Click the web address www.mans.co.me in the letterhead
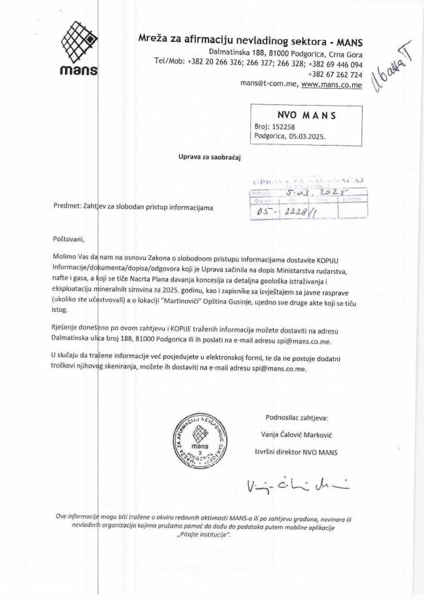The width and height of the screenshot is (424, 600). pyautogui.click(x=332, y=84)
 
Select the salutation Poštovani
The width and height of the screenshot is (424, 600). pyautogui.click(x=68, y=239)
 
